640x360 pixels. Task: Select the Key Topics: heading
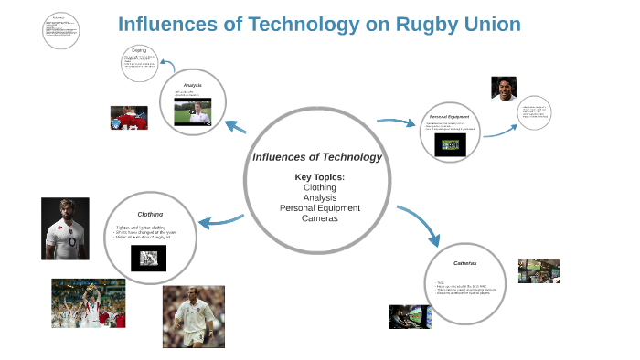[319, 176]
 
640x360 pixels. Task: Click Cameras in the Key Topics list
[320, 218]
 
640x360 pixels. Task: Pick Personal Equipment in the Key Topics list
[320, 207]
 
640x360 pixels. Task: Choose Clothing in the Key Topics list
[320, 186]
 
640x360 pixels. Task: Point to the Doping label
[139, 51]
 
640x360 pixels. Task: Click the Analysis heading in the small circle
[192, 85]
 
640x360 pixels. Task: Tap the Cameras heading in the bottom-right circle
[466, 263]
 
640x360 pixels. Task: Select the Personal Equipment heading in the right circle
[449, 117]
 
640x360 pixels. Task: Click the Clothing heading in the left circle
[150, 215]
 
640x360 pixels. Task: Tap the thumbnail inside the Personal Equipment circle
[448, 145]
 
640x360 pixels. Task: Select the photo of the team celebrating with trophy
[89, 303]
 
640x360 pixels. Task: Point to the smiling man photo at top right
[503, 90]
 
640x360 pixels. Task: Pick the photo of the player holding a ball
[194, 317]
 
